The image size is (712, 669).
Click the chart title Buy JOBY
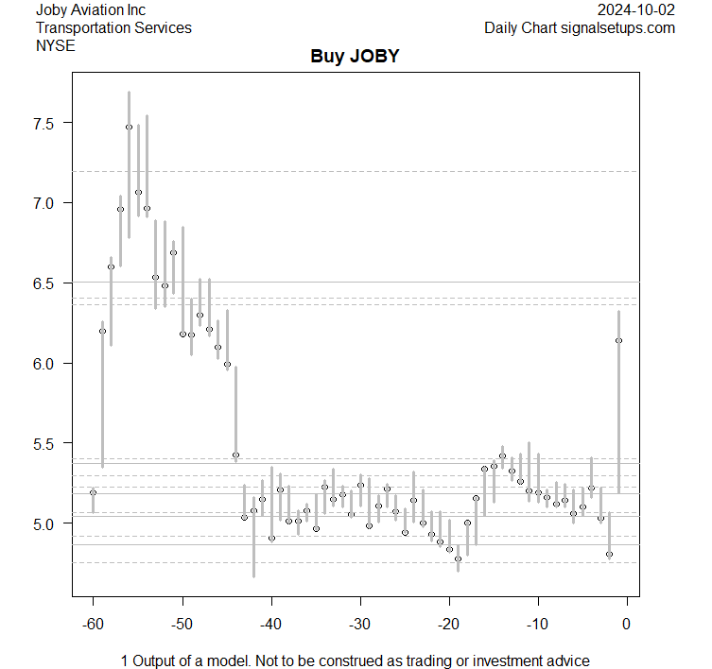click(355, 56)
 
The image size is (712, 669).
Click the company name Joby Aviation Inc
click(91, 10)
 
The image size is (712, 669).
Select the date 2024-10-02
click(635, 10)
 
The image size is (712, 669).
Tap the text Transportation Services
click(113, 27)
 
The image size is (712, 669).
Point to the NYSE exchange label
click(54, 44)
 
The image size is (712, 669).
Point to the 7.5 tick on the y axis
click(46, 123)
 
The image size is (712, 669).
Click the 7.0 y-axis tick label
click(46, 203)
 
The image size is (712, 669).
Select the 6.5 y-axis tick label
click(46, 283)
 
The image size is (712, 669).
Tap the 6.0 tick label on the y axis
click(46, 364)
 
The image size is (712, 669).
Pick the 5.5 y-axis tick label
click(46, 443)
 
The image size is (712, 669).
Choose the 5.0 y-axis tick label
click(46, 523)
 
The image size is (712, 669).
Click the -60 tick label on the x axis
click(93, 623)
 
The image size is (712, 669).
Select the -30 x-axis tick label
click(359, 623)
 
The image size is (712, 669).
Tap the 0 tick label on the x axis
click(626, 623)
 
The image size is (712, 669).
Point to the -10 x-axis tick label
click(537, 623)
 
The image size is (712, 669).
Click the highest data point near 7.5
click(129, 127)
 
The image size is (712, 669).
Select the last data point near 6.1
click(618, 340)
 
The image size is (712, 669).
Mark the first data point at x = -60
click(93, 492)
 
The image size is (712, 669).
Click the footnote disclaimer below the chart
click(355, 660)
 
